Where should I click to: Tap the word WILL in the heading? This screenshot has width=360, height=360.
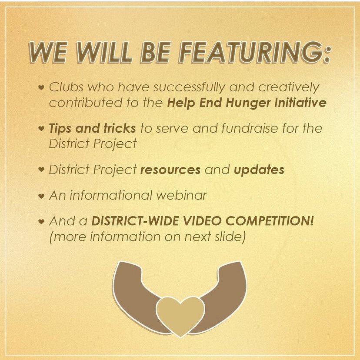pyautogui.click(x=104, y=52)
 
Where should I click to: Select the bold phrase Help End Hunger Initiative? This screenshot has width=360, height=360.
pyautogui.click(x=247, y=103)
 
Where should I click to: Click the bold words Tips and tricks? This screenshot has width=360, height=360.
pyautogui.click(x=92, y=128)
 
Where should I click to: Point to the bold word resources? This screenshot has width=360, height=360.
pyautogui.click(x=170, y=170)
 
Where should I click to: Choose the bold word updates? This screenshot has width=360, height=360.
pyautogui.click(x=259, y=170)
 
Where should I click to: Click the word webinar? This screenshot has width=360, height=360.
pyautogui.click(x=182, y=195)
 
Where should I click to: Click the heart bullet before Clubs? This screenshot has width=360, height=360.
pyautogui.click(x=41, y=87)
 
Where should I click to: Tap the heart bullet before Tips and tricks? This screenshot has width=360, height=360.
pyautogui.click(x=41, y=128)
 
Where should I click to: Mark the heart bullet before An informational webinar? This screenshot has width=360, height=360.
pyautogui.click(x=41, y=196)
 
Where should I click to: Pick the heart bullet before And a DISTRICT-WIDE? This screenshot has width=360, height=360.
pyautogui.click(x=41, y=222)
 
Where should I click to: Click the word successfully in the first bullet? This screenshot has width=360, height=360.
pyautogui.click(x=189, y=88)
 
